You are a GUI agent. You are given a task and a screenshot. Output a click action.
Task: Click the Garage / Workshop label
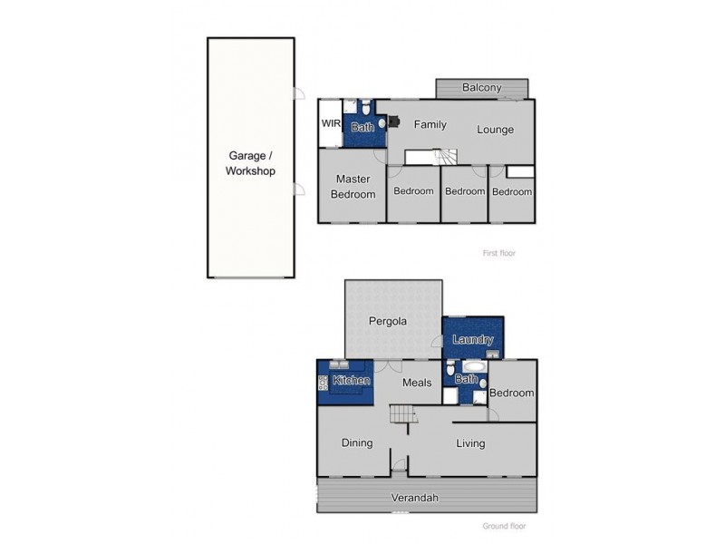(251, 162)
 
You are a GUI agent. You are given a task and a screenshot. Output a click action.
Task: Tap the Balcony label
(481, 88)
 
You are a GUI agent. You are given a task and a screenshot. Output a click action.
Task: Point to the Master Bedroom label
(353, 187)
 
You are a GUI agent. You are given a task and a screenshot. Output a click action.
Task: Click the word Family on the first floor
(430, 124)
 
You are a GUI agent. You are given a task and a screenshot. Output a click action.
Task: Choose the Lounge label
(496, 130)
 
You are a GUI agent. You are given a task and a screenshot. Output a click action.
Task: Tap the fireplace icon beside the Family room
(394, 121)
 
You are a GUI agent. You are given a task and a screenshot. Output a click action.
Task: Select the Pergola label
(388, 321)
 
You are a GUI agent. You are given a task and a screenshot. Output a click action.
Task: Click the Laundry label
(472, 340)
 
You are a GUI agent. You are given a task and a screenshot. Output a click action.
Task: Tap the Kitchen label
(352, 381)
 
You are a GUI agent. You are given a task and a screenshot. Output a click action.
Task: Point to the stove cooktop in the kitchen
(323, 382)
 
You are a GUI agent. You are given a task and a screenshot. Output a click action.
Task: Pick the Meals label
(415, 384)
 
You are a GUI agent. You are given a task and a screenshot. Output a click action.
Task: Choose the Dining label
(357, 443)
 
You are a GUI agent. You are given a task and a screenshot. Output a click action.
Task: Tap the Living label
(471, 443)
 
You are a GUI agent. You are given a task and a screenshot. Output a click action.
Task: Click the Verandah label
(415, 498)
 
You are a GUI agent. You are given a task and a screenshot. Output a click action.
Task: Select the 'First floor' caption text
(499, 253)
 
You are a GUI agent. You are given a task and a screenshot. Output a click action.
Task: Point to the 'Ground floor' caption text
(504, 526)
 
